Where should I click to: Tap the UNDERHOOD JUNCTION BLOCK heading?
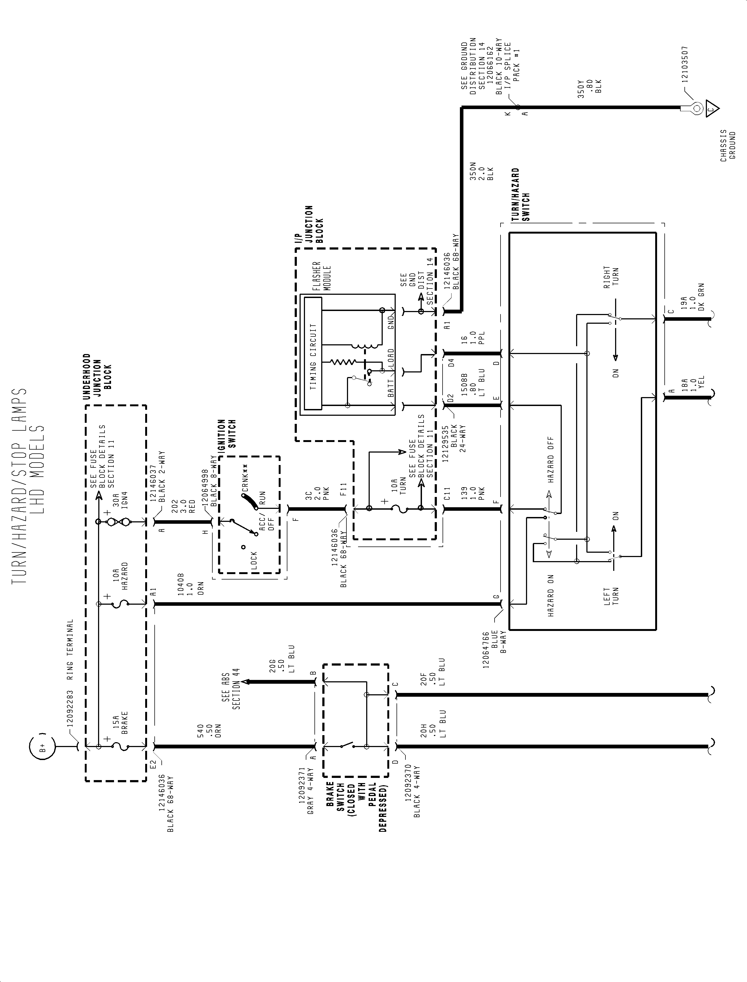coord(98,376)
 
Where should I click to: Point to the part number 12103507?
coord(685,64)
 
